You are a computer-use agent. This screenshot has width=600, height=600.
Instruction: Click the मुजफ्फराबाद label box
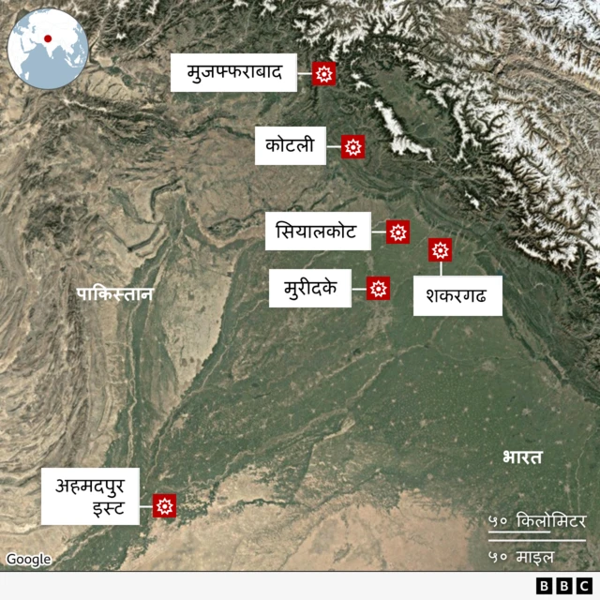click(x=233, y=73)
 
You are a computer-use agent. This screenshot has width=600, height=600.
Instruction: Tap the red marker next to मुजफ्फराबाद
click(x=324, y=74)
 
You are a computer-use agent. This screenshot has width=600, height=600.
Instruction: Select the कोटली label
click(x=290, y=145)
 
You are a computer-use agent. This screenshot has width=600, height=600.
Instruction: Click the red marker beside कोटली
click(x=352, y=146)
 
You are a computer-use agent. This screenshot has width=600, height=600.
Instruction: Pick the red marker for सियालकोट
click(x=397, y=232)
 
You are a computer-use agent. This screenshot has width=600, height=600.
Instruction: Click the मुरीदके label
click(x=310, y=288)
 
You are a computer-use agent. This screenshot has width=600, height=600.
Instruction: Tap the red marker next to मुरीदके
click(x=378, y=289)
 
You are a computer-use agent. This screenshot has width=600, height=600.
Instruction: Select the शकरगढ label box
click(x=457, y=295)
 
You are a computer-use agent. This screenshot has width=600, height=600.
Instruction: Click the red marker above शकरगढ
click(x=441, y=250)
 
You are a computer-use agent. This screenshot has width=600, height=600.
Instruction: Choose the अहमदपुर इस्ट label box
click(x=90, y=496)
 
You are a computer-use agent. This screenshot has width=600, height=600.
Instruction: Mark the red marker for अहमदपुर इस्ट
click(x=165, y=506)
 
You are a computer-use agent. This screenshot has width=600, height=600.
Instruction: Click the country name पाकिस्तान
click(x=114, y=294)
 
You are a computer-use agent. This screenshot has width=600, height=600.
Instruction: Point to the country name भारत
click(x=522, y=457)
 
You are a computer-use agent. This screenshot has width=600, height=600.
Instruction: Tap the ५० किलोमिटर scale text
click(x=537, y=521)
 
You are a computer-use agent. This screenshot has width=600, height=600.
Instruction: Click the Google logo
click(x=29, y=560)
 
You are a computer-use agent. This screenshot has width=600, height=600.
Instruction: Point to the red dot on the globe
click(x=47, y=39)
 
